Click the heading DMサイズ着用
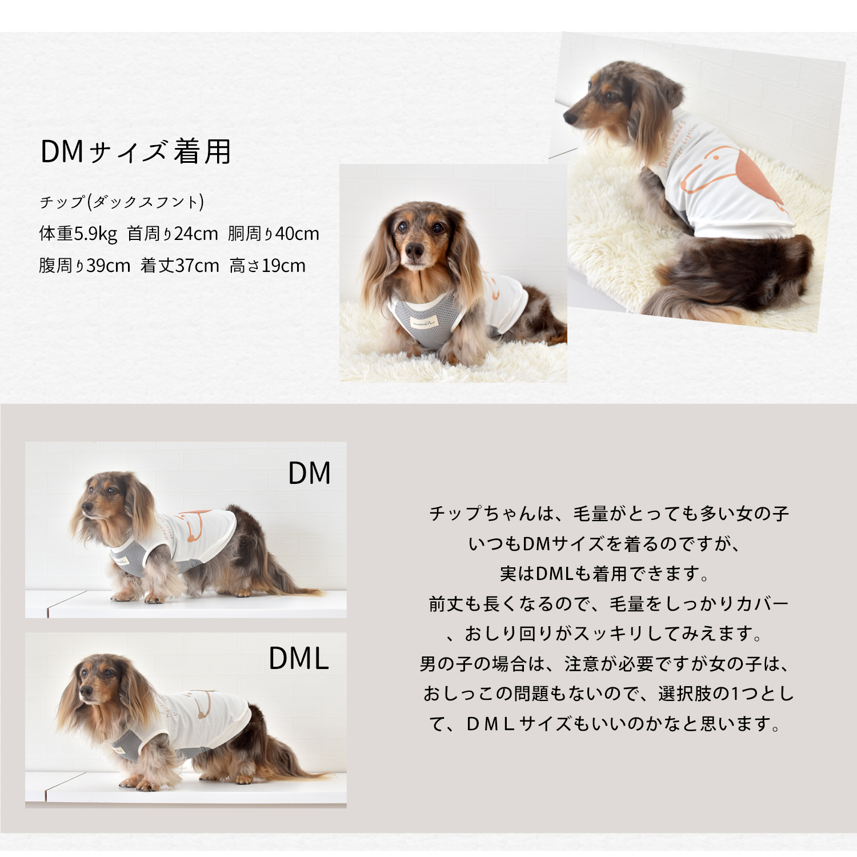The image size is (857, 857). tap(135, 152)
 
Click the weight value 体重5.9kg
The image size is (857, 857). tap(78, 234)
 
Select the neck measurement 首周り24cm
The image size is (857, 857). tap(173, 234)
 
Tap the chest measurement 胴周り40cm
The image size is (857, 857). tap(274, 234)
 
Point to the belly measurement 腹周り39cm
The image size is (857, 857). tap(85, 266)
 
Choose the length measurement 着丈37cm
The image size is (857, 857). tap(180, 266)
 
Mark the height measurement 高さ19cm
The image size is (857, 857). tap(267, 266)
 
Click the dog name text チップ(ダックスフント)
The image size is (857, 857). tap(122, 202)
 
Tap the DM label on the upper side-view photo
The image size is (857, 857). tap(309, 473)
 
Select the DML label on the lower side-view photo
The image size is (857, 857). tap(299, 658)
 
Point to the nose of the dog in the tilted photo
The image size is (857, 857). tap(570, 117)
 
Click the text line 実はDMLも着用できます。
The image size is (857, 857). tap(605, 574)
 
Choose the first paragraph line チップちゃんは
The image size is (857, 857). tap(609, 514)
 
